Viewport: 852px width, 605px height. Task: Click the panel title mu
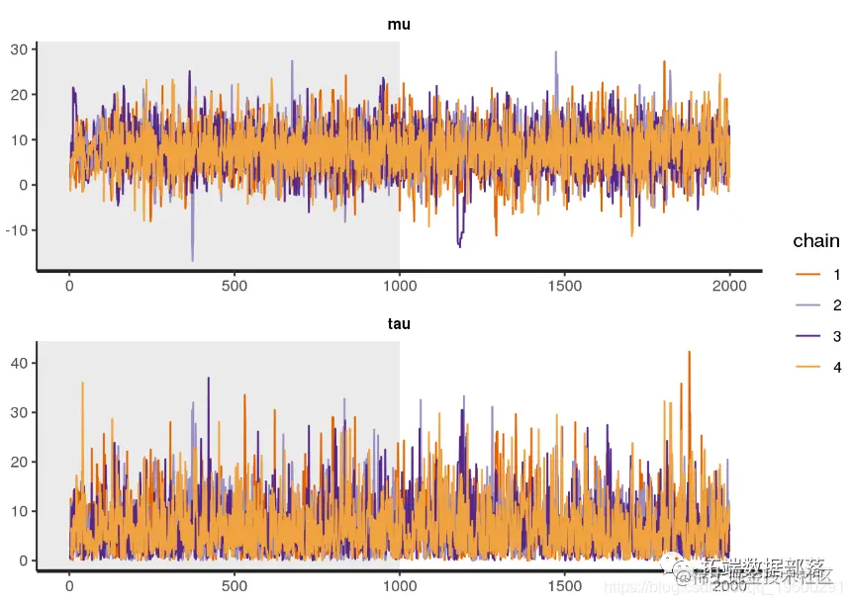click(x=399, y=25)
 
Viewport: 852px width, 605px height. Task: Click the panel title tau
click(x=399, y=323)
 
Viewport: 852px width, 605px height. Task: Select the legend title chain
click(x=815, y=241)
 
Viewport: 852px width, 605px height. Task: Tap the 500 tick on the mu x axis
click(x=235, y=286)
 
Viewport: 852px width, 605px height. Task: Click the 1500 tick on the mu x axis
click(x=564, y=286)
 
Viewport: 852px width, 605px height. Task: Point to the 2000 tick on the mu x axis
click(x=729, y=286)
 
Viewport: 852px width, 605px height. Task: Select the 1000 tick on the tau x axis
click(x=399, y=585)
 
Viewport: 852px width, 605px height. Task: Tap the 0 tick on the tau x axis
click(x=69, y=585)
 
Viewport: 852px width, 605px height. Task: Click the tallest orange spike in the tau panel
click(x=689, y=352)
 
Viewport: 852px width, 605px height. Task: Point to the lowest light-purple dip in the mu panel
click(x=192, y=260)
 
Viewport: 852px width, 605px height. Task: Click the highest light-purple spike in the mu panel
click(x=555, y=52)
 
